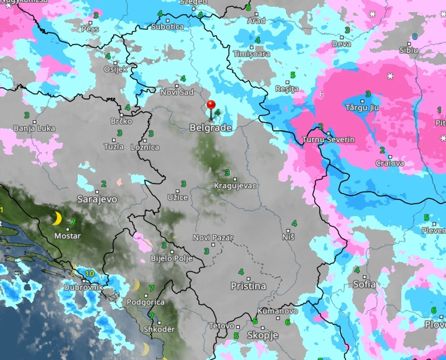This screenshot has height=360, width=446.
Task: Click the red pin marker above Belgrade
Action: tap(211, 105)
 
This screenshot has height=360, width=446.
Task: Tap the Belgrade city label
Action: tap(210, 128)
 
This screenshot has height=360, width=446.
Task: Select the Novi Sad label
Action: tap(177, 92)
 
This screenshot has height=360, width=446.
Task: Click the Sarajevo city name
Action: tap(97, 199)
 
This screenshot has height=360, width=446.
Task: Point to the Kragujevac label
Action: tap(235, 186)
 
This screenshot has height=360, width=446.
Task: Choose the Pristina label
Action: tap(248, 286)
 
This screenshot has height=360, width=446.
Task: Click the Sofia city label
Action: tap(364, 284)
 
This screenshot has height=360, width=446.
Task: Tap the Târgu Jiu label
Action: tap(362, 108)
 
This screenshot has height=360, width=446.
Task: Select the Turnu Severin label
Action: tap(328, 140)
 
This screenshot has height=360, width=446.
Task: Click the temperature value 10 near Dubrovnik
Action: tap(89, 273)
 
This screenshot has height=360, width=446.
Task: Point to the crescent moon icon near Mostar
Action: tap(57, 218)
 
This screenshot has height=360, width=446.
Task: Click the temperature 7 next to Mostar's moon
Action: tap(73, 223)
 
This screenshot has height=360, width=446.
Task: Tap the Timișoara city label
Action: tap(251, 54)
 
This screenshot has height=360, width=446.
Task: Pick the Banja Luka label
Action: tap(34, 128)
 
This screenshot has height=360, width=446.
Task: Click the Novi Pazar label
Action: tap(213, 238)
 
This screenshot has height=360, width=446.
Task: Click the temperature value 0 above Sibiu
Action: tap(415, 37)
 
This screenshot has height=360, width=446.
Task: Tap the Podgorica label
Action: tap(145, 302)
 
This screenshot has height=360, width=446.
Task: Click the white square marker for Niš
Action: tap(289, 230)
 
